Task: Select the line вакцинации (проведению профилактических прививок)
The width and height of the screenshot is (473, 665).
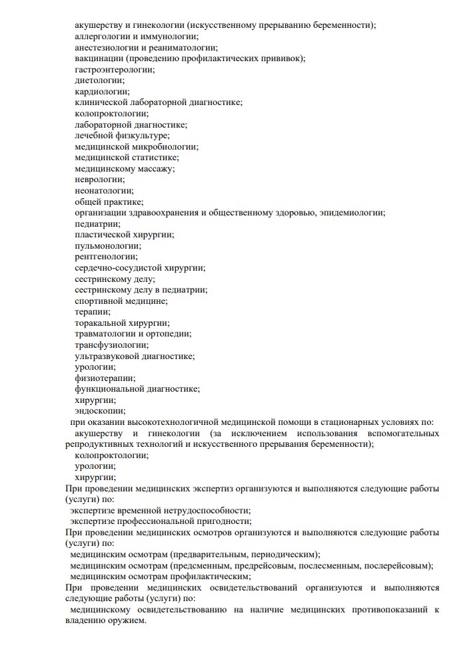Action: [x=190, y=58]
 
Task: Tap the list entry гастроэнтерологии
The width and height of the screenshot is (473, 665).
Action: [x=114, y=69]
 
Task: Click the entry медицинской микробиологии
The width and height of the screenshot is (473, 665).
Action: [x=137, y=146]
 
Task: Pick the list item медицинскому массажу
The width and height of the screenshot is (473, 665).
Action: [x=125, y=168]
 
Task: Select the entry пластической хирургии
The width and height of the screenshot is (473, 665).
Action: [x=125, y=234]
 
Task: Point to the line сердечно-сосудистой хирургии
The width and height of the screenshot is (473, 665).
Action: [x=140, y=267]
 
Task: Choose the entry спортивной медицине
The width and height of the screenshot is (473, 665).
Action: [x=121, y=301]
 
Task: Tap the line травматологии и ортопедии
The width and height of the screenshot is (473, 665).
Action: [x=133, y=334]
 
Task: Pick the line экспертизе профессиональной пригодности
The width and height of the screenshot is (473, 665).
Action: [x=161, y=521]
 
